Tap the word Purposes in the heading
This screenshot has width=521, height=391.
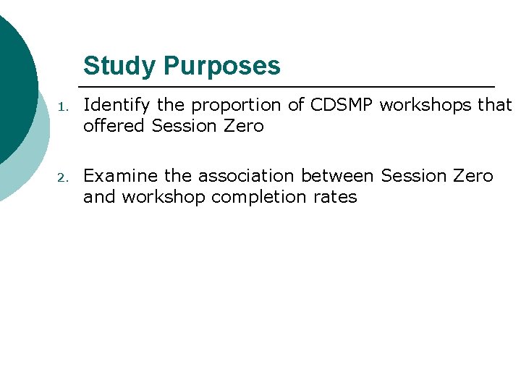[221, 66]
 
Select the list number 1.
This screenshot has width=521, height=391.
[63, 106]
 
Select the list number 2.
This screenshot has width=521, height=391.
[63, 177]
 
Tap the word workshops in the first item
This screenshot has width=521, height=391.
[427, 105]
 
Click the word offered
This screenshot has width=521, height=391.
[114, 126]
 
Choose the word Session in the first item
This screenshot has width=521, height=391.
[183, 126]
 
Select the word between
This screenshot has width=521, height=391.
[341, 176]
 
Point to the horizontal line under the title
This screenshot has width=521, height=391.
[289, 86]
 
